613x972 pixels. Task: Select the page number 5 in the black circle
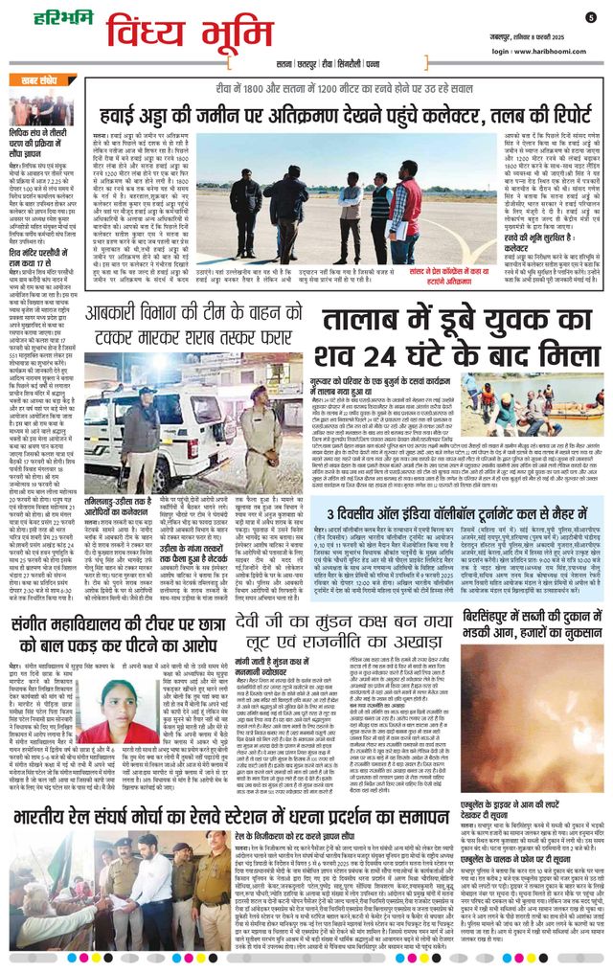[x=591, y=16]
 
